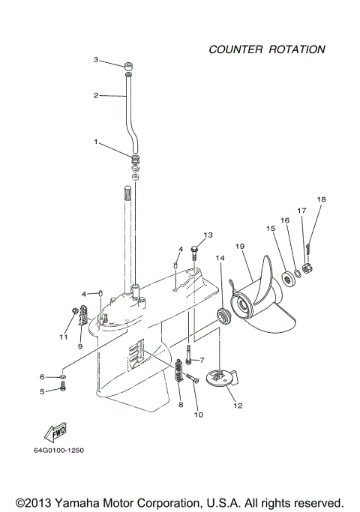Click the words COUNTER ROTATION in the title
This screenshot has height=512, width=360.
[x=266, y=49]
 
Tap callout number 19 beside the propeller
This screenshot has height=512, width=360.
[x=239, y=247]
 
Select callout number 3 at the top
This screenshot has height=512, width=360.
[x=96, y=59]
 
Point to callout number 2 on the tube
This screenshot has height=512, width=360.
[x=96, y=95]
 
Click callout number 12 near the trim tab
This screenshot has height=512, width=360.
[x=238, y=406]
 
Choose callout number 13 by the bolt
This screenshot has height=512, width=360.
[x=208, y=235]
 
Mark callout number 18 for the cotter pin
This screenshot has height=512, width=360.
[x=321, y=199]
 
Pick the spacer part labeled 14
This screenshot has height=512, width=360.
[x=222, y=314]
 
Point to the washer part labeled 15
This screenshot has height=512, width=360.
[x=287, y=281]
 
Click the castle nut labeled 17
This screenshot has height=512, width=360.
[x=307, y=267]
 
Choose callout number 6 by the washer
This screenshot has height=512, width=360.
[x=43, y=376]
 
